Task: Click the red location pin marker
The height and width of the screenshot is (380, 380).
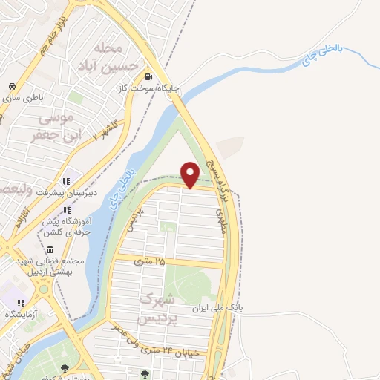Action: (x=190, y=174)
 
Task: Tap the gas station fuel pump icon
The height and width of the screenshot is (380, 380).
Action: (x=149, y=76)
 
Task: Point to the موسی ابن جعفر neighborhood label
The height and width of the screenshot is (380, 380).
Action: (x=51, y=126)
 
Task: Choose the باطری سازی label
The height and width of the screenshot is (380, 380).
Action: (x=26, y=97)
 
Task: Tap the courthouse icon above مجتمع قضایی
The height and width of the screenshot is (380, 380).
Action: (x=49, y=249)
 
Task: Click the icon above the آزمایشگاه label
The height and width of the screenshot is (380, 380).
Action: (x=21, y=302)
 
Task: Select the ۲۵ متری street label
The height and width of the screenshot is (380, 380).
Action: (x=149, y=261)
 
